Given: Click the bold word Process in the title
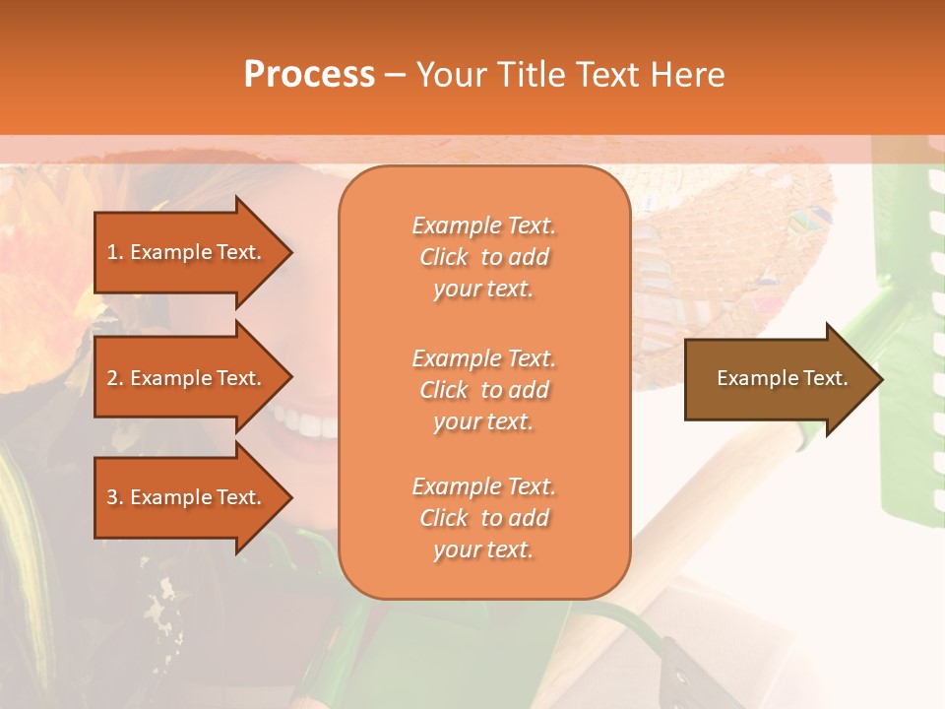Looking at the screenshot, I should click(x=309, y=75).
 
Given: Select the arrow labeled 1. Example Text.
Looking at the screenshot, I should click(x=187, y=252).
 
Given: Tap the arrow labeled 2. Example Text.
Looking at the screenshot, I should click(x=187, y=378).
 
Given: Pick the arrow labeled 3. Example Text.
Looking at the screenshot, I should click(x=187, y=497).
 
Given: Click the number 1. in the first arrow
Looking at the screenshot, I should click(x=115, y=252).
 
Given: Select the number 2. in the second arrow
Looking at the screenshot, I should click(x=115, y=378).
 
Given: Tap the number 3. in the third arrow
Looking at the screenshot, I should click(x=115, y=497).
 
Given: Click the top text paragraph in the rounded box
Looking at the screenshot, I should click(x=483, y=257).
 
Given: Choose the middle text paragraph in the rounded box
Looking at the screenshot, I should click(x=483, y=390).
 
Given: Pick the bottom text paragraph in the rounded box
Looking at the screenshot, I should click(x=483, y=518).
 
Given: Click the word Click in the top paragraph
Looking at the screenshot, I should click(x=444, y=257).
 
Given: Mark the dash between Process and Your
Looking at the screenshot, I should click(x=395, y=75).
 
